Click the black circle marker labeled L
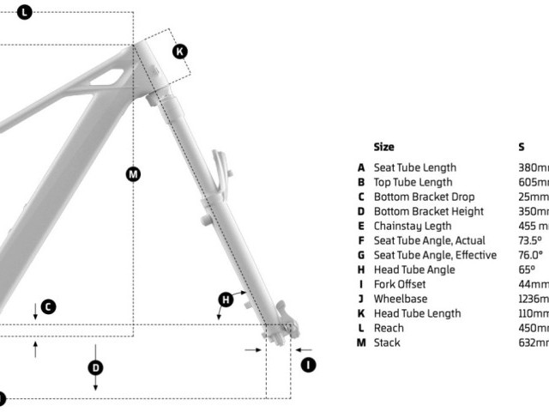click(x=24, y=12)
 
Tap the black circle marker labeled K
click(x=179, y=51)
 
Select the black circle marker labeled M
click(x=133, y=174)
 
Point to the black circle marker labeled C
click(x=49, y=306)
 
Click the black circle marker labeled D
click(x=96, y=367)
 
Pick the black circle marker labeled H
click(x=226, y=299)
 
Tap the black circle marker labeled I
click(x=307, y=365)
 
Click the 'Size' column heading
click(x=384, y=147)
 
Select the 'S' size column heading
click(x=522, y=147)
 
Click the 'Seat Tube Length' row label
click(x=414, y=167)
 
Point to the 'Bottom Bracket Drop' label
click(x=424, y=197)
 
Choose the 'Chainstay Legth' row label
click(x=412, y=226)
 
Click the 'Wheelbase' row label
click(x=400, y=299)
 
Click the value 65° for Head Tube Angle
click(x=527, y=270)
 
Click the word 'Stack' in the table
click(x=387, y=342)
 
